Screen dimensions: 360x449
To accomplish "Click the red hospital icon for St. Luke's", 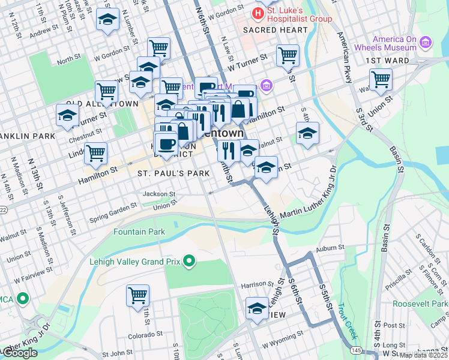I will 258,12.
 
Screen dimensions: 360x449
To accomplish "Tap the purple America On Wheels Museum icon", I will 426,42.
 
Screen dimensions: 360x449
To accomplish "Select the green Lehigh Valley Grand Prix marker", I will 190,261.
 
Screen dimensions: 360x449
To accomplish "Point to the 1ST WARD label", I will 388,61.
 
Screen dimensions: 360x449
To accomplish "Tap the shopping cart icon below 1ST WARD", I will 381,79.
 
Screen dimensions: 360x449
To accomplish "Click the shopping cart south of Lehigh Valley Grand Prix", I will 137,295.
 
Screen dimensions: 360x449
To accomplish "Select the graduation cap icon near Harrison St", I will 257,309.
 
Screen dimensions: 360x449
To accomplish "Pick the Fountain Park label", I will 139,232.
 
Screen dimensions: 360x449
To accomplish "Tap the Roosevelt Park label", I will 420,304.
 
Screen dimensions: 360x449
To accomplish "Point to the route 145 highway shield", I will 356,350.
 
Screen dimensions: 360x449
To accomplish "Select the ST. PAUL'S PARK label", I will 173,173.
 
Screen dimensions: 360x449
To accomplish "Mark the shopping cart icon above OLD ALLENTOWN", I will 106,91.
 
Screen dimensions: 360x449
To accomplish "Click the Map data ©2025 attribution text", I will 424,355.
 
